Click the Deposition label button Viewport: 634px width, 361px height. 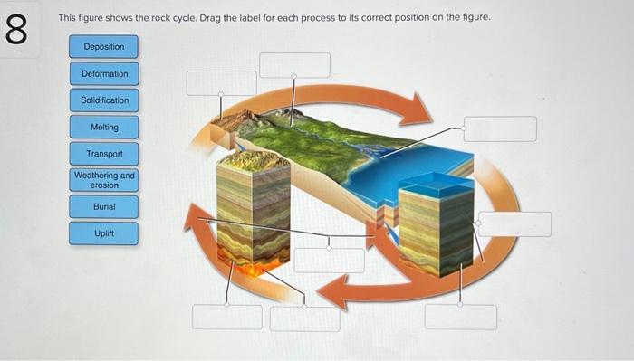[x=104, y=46]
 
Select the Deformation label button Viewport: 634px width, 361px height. [x=104, y=73]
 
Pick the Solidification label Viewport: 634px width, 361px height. [x=104, y=100]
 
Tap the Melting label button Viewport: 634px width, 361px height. [x=104, y=127]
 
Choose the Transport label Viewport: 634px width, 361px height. [x=104, y=154]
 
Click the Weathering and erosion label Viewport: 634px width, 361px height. [x=104, y=179]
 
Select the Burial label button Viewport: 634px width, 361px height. [x=104, y=207]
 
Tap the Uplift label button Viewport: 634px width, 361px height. [x=104, y=233]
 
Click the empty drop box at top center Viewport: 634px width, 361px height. [x=295, y=64]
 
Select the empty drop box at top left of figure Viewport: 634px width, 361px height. [x=221, y=82]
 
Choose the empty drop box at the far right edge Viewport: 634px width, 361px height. [x=514, y=223]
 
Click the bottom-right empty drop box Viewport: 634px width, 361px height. [x=461, y=317]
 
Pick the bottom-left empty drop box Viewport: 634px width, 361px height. [x=226, y=317]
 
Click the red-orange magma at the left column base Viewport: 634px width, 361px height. [x=251, y=266]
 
